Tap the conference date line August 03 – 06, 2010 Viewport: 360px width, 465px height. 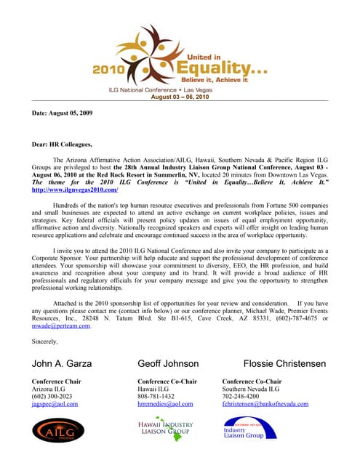tap(180, 97)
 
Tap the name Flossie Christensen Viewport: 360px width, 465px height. tap(284, 363)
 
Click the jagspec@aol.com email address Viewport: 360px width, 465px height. tap(55, 404)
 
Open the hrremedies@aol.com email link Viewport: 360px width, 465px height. tap(165, 404)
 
